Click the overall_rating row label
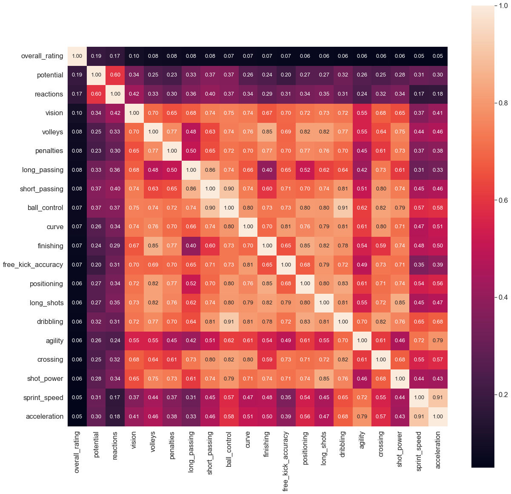pos(42,56)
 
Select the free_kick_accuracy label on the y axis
pos(33,265)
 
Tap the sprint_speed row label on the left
pos(43,398)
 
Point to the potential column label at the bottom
pos(96,445)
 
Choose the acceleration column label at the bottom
pos(438,450)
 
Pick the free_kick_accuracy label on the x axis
pos(286,461)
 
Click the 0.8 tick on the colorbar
pos(503,103)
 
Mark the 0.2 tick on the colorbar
pos(503,395)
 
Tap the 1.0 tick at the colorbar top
pos(503,6)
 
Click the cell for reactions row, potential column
pos(96,94)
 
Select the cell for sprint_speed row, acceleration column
pos(438,397)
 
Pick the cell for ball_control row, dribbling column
pos(343,208)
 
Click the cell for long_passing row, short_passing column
pos(210,170)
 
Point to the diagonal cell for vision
pos(134,113)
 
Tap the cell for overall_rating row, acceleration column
pos(438,56)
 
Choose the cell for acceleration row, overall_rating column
pos(77,417)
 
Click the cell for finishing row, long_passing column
pos(191,246)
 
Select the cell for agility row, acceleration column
pos(438,341)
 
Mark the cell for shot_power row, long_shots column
pos(324,379)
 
